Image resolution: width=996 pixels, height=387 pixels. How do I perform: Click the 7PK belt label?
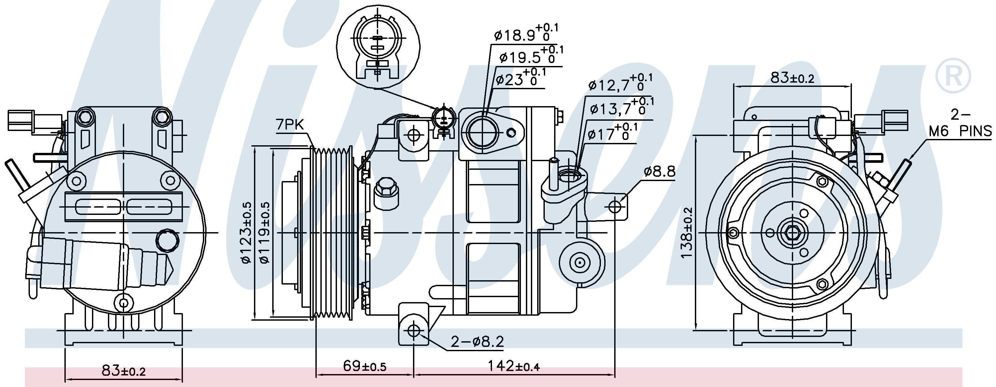tap(290, 125)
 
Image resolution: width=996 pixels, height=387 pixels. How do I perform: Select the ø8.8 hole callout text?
tap(660, 171)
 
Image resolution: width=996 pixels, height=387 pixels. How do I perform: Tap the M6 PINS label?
tap(960, 131)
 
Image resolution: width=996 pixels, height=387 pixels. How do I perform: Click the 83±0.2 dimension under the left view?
tap(124, 371)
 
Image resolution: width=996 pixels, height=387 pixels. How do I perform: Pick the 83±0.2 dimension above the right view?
tap(792, 78)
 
